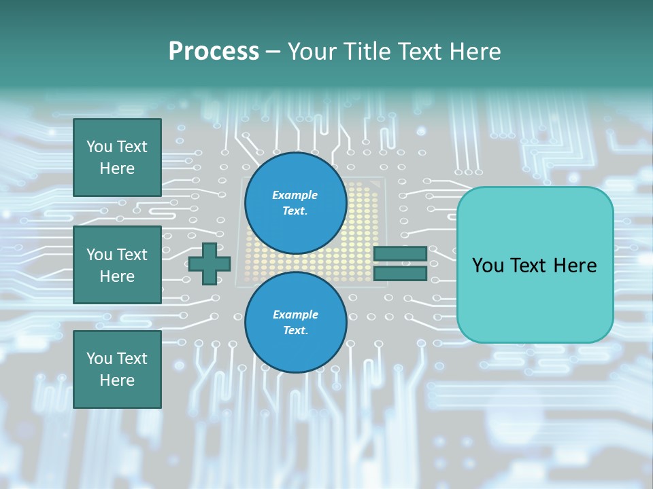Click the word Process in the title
[214, 52]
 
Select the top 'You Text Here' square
[117, 158]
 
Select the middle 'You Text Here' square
[117, 265]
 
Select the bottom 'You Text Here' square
[117, 369]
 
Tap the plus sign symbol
[210, 264]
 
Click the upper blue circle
[295, 202]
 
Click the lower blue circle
[295, 323]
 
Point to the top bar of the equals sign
[400, 253]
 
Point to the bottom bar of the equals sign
[400, 274]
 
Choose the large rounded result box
[535, 265]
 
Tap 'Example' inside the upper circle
[295, 195]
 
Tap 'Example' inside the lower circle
[295, 314]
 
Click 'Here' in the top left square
[117, 168]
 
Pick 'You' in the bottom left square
[99, 359]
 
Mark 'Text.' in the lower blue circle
[295, 331]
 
